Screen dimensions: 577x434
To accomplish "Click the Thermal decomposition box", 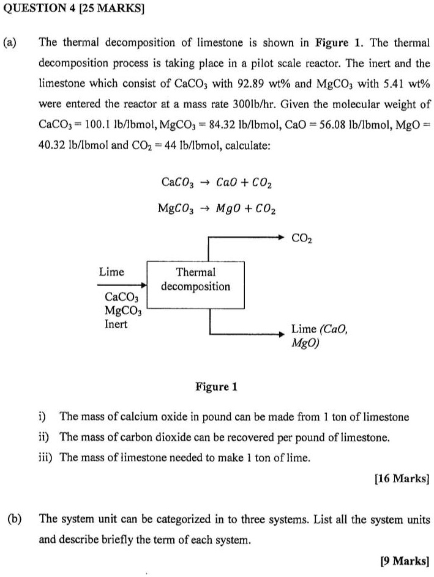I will coord(195,279).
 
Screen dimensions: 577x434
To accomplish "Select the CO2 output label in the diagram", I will coord(302,237).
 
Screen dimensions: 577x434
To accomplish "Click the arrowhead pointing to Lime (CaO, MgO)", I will coord(282,334).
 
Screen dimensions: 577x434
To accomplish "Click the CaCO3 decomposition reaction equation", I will coord(217,182).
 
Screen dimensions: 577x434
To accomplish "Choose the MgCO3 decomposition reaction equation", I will coord(217,208).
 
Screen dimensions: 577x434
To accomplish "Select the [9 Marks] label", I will coord(405,560).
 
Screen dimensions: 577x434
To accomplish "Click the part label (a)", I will coord(10,42).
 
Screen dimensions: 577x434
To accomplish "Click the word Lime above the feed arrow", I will coord(111,272).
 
